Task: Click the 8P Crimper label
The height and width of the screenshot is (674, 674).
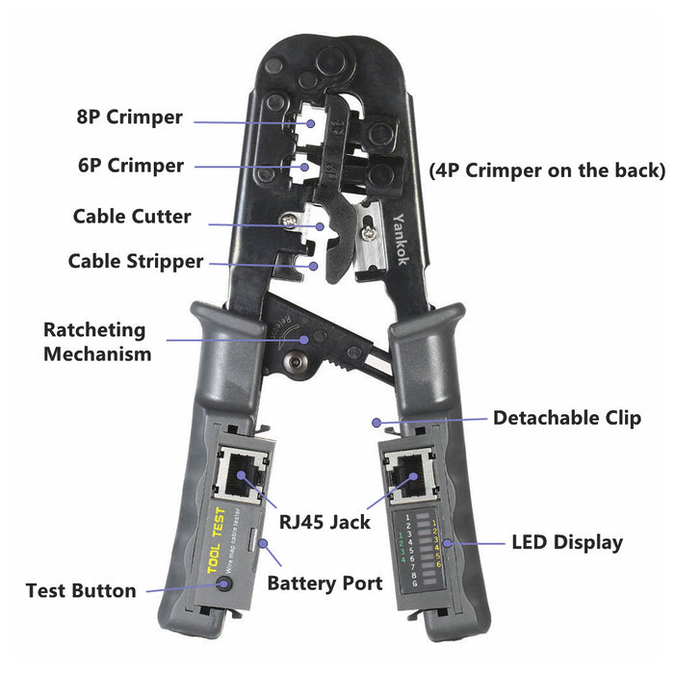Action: (129, 117)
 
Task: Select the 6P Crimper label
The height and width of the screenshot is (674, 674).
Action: (131, 166)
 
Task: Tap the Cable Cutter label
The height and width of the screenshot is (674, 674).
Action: (132, 217)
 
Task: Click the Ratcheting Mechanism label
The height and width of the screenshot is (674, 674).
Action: (96, 342)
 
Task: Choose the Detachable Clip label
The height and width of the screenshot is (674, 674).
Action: (566, 418)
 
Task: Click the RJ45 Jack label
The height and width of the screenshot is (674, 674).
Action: (324, 523)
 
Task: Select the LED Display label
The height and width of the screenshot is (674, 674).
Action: (566, 543)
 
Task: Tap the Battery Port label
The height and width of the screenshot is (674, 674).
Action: (324, 583)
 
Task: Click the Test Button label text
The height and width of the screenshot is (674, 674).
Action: (81, 591)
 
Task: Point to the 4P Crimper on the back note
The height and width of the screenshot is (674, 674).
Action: (546, 170)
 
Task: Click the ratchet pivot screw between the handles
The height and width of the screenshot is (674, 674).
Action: (296, 364)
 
